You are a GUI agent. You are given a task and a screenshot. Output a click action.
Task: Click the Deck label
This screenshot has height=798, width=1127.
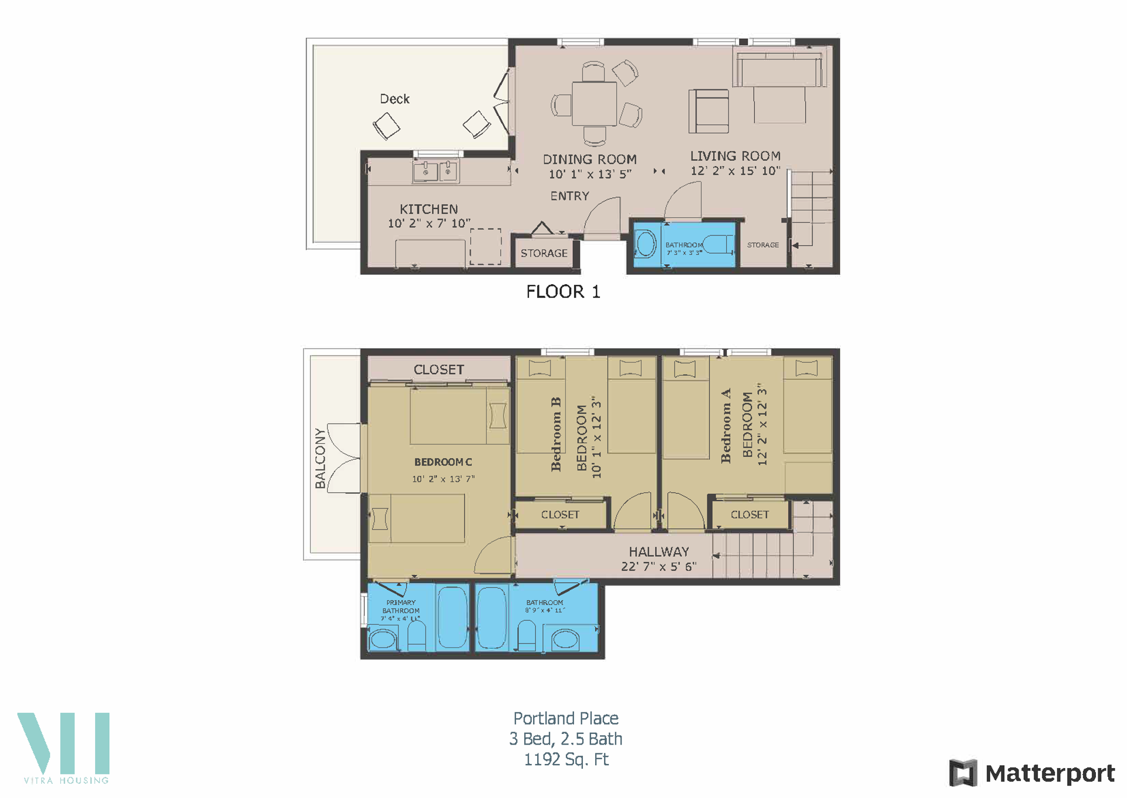[x=394, y=99]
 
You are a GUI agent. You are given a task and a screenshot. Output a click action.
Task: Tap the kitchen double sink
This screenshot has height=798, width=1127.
[x=436, y=171]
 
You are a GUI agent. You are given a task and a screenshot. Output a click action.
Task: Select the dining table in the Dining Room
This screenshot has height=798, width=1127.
[x=594, y=104]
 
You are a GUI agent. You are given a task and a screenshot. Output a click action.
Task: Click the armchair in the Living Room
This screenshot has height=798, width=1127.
[x=708, y=111]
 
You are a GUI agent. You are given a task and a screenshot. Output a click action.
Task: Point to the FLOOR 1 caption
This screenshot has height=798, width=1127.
[x=563, y=292]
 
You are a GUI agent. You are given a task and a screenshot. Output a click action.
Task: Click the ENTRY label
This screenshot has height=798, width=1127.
[x=569, y=196]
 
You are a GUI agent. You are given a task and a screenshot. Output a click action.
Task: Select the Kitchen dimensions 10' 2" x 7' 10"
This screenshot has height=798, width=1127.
[x=429, y=224]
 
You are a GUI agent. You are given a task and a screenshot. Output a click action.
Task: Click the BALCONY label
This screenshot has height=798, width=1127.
[x=320, y=458]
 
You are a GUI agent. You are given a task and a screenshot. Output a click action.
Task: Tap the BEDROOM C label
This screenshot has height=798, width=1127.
[x=443, y=462]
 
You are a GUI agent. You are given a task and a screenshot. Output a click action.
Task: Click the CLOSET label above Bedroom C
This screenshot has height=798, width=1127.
[x=438, y=369]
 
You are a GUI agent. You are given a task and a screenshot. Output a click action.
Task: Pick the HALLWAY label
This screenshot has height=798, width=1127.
[x=659, y=551]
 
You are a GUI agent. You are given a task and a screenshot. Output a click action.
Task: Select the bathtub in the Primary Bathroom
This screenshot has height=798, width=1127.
[x=452, y=617]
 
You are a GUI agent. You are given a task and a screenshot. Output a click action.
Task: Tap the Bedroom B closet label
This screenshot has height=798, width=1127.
[x=560, y=514]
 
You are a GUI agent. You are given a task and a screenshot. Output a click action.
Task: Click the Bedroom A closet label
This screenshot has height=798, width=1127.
[x=750, y=514]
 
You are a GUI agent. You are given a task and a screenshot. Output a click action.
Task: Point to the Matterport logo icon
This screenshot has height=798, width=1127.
[x=963, y=773]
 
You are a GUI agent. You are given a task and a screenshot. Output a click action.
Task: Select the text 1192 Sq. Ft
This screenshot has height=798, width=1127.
[x=566, y=759]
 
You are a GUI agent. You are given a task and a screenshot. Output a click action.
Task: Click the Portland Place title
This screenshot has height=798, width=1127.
[x=566, y=718]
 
